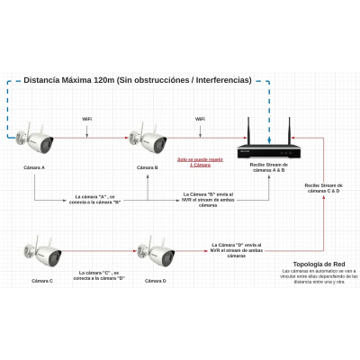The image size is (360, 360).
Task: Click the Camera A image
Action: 37,139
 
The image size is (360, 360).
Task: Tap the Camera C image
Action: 44,253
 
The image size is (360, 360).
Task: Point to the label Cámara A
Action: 34,167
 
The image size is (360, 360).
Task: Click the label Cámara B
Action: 148,167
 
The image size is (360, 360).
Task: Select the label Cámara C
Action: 42,282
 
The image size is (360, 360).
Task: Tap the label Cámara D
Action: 156,282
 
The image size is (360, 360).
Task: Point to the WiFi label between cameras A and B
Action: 87,119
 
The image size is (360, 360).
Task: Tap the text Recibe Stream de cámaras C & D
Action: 322,188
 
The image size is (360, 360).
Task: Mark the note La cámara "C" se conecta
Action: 98,274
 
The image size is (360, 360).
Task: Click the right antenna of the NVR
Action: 289,129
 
